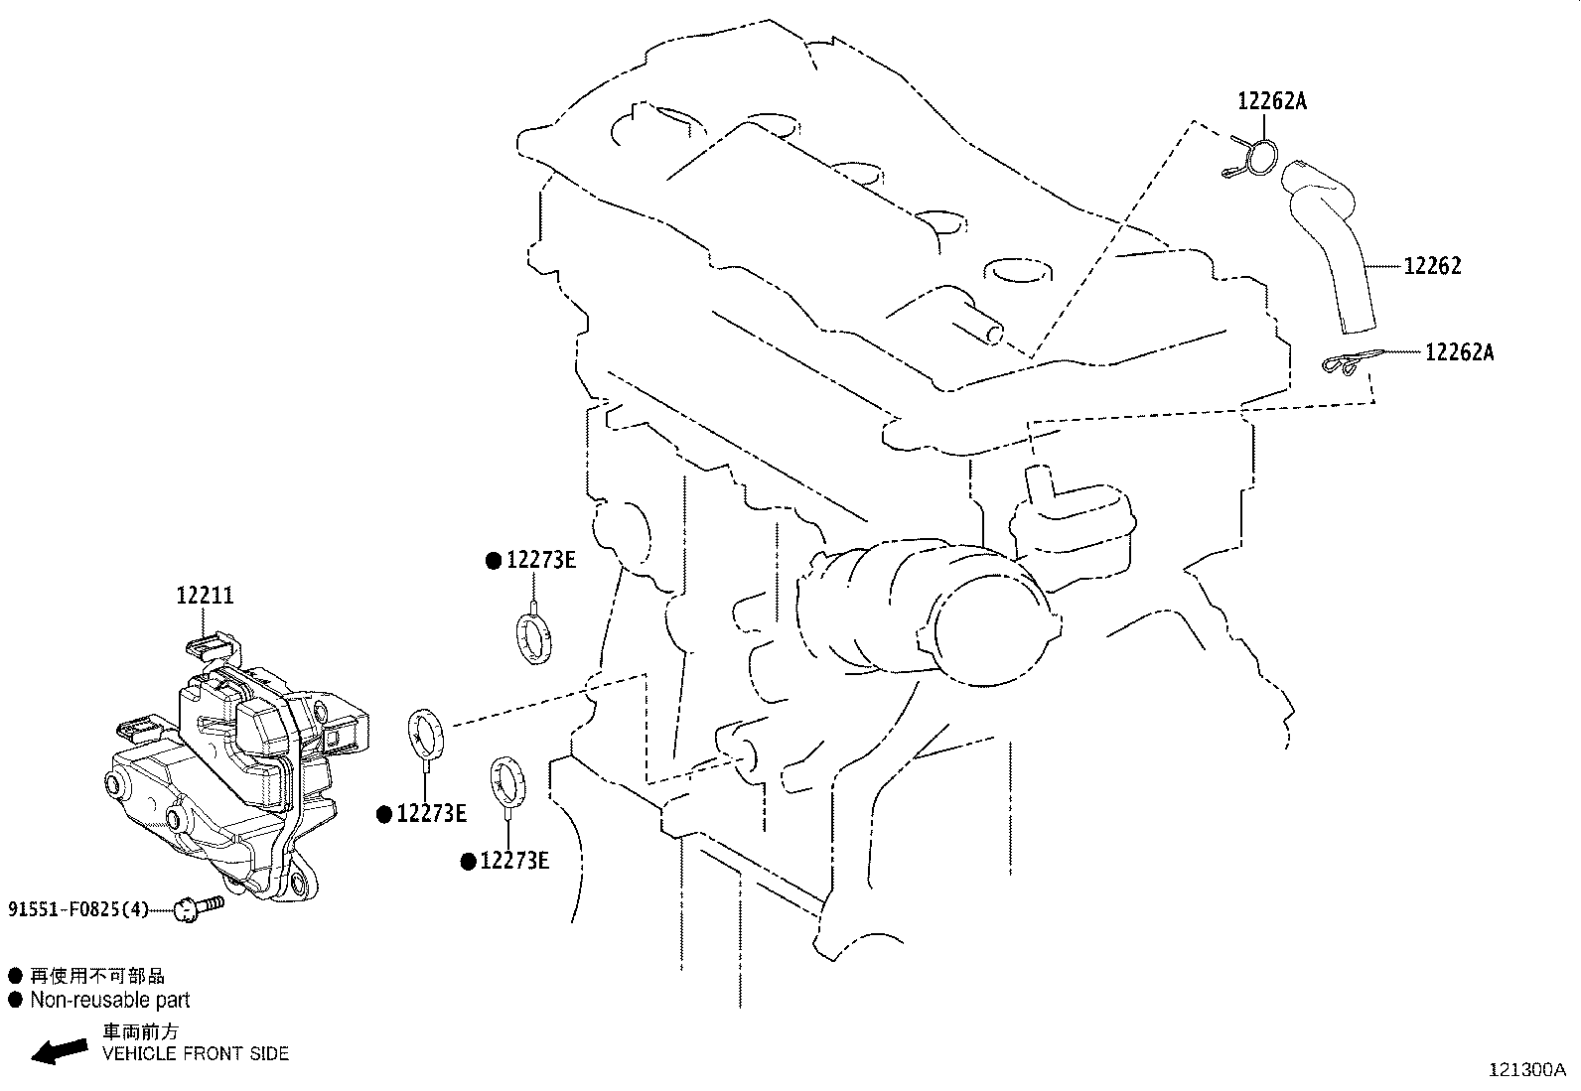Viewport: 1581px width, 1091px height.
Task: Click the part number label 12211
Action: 205,596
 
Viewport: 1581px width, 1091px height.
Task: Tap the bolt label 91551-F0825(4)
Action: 78,909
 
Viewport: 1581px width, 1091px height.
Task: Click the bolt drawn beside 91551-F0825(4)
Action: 198,905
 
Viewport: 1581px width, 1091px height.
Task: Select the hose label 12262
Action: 1432,266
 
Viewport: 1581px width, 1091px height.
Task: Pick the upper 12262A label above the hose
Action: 1271,100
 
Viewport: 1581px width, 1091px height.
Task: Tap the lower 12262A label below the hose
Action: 1459,352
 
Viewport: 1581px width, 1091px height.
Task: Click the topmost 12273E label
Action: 540,560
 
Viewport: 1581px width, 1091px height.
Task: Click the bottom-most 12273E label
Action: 513,861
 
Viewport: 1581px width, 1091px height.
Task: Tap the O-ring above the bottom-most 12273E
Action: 507,777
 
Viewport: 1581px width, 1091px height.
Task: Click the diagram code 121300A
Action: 1525,1070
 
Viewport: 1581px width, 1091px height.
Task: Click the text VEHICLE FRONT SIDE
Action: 196,1053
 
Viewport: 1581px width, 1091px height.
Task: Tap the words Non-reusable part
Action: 109,1001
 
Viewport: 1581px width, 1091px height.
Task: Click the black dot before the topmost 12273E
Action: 493,561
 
